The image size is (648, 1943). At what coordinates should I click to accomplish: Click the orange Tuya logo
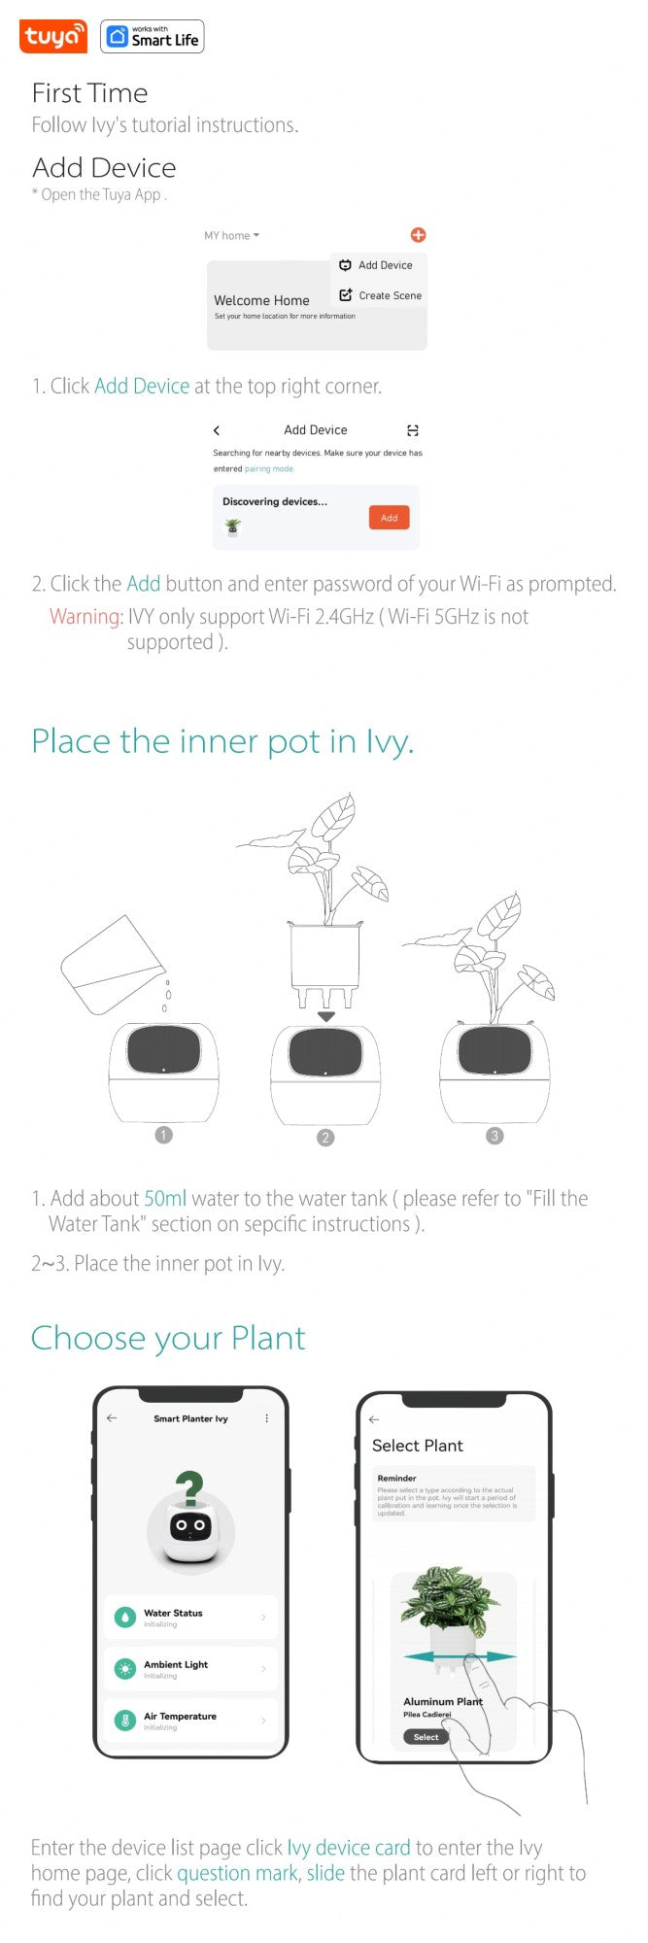click(52, 37)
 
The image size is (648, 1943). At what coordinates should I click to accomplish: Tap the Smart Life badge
click(153, 37)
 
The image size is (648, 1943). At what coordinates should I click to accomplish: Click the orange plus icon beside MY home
click(418, 235)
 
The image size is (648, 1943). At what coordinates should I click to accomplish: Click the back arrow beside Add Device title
click(217, 430)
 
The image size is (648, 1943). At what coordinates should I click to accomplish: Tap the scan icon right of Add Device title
click(413, 430)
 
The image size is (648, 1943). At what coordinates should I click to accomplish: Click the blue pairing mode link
click(269, 469)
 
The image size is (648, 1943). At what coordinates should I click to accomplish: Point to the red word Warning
click(85, 617)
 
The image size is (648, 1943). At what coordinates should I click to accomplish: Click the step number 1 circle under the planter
click(163, 1135)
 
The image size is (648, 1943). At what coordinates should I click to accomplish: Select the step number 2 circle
click(325, 1137)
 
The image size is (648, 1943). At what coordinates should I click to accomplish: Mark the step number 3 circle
click(495, 1136)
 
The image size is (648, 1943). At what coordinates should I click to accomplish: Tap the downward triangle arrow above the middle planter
click(326, 1016)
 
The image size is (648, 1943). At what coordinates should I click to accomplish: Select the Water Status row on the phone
click(190, 1618)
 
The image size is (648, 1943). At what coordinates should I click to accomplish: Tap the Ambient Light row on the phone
click(190, 1669)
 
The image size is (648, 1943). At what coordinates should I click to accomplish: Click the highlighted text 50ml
click(165, 1199)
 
